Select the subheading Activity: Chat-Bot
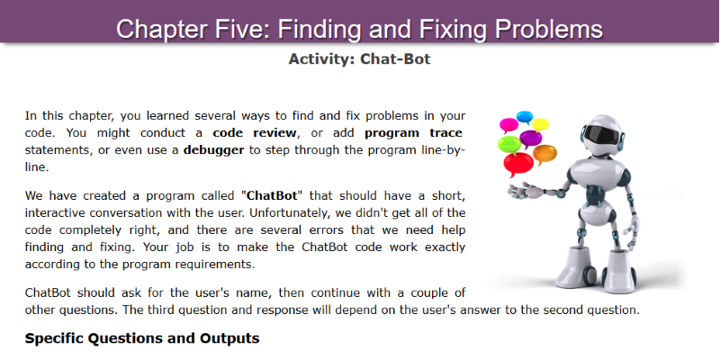[359, 59]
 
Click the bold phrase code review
[255, 133]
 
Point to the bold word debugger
[213, 150]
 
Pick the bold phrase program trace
[413, 133]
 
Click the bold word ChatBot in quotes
[273, 195]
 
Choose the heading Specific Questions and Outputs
[142, 339]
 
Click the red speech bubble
[518, 164]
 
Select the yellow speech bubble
[540, 124]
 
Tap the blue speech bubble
[525, 117]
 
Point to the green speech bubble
[508, 144]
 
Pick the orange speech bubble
[544, 154]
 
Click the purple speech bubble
[531, 139]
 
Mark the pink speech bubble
[508, 125]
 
